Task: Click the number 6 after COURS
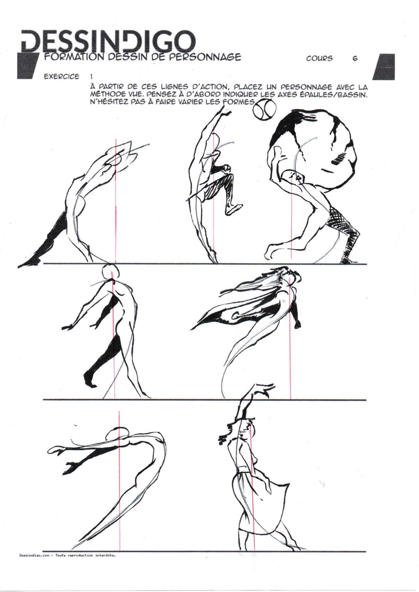point(355,59)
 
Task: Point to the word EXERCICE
point(62,77)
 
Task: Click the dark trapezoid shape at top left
point(28,66)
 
